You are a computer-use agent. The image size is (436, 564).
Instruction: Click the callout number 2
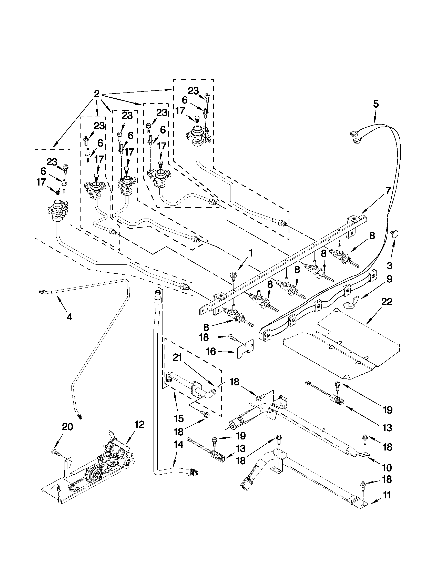pos(96,94)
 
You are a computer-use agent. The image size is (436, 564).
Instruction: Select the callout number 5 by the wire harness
pos(376,104)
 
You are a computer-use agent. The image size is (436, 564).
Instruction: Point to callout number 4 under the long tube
pos(69,317)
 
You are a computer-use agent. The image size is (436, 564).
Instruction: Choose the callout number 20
pos(67,427)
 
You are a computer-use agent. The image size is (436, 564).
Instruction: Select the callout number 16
pos(211,351)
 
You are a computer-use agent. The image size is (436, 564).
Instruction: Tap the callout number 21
pos(177,358)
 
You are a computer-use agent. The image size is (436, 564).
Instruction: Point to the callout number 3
pos(390,266)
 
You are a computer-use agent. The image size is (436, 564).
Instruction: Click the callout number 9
pos(389,279)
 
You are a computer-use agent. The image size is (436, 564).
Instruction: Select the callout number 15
pos(178,418)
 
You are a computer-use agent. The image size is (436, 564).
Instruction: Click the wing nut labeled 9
pos(350,305)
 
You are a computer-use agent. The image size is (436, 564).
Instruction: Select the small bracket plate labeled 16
pos(245,349)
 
